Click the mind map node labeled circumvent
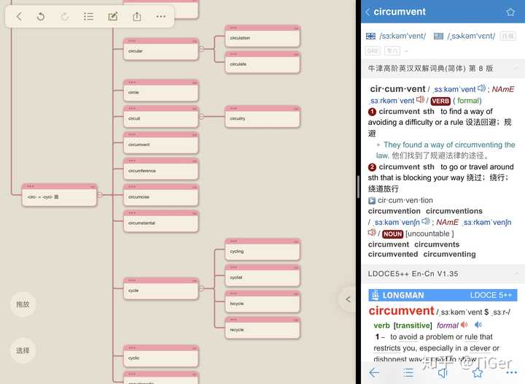(160, 144)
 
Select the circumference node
(160, 170)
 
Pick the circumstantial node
(160, 222)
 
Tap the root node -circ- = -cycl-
(59, 196)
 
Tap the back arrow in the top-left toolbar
(19, 16)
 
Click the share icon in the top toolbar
(136, 16)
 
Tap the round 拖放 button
(23, 304)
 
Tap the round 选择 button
(23, 350)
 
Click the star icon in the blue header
(510, 12)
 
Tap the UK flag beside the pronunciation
(370, 36)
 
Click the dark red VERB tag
(440, 101)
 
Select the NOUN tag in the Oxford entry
(392, 234)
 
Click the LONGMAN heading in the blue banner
(402, 295)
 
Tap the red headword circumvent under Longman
(401, 311)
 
